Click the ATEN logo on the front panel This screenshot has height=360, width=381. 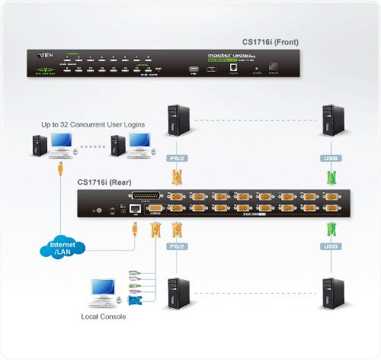pos(41,54)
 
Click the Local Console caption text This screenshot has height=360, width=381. pos(105,314)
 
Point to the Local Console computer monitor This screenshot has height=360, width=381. pos(101,289)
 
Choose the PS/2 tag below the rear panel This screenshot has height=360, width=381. pos(177,246)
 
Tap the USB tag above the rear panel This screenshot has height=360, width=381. pos(330,159)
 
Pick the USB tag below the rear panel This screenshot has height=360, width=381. pos(330,246)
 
